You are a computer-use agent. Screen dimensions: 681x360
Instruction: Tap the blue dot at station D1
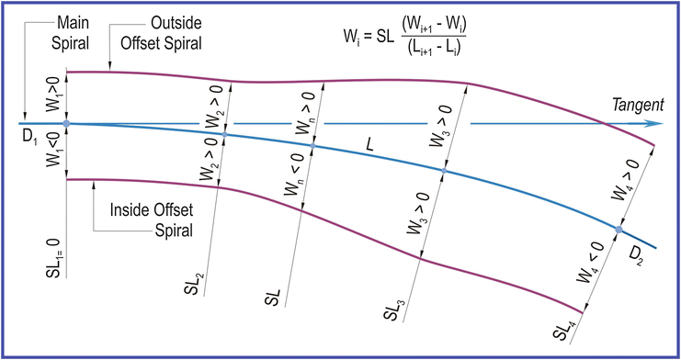click(66, 123)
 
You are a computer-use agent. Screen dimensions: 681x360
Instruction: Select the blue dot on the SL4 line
click(619, 229)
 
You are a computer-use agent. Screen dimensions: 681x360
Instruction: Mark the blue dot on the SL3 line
click(445, 171)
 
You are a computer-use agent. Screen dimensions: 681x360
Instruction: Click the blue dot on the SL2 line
click(225, 135)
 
